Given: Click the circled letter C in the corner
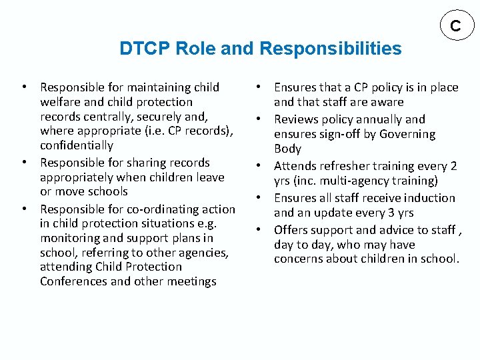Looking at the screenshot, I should pyautogui.click(x=455, y=26).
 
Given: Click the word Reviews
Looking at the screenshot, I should pyautogui.click(x=295, y=119).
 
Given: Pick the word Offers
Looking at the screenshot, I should pyautogui.click(x=291, y=230).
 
